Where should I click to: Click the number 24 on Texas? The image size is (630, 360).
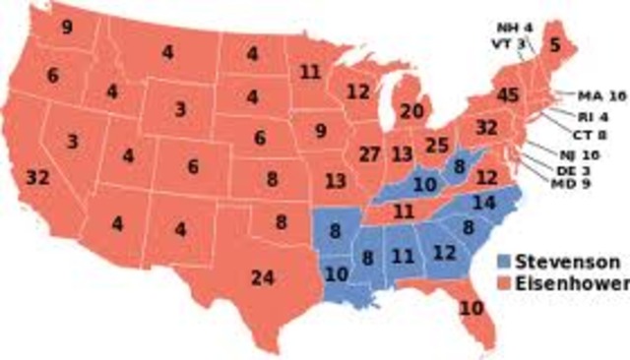click(261, 277)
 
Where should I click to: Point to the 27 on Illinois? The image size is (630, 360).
click(370, 153)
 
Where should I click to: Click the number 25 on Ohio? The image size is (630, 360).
click(438, 146)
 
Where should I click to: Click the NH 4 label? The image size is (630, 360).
click(509, 28)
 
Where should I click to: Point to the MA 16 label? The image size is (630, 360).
click(598, 95)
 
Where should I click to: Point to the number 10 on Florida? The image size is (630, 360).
click(472, 308)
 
